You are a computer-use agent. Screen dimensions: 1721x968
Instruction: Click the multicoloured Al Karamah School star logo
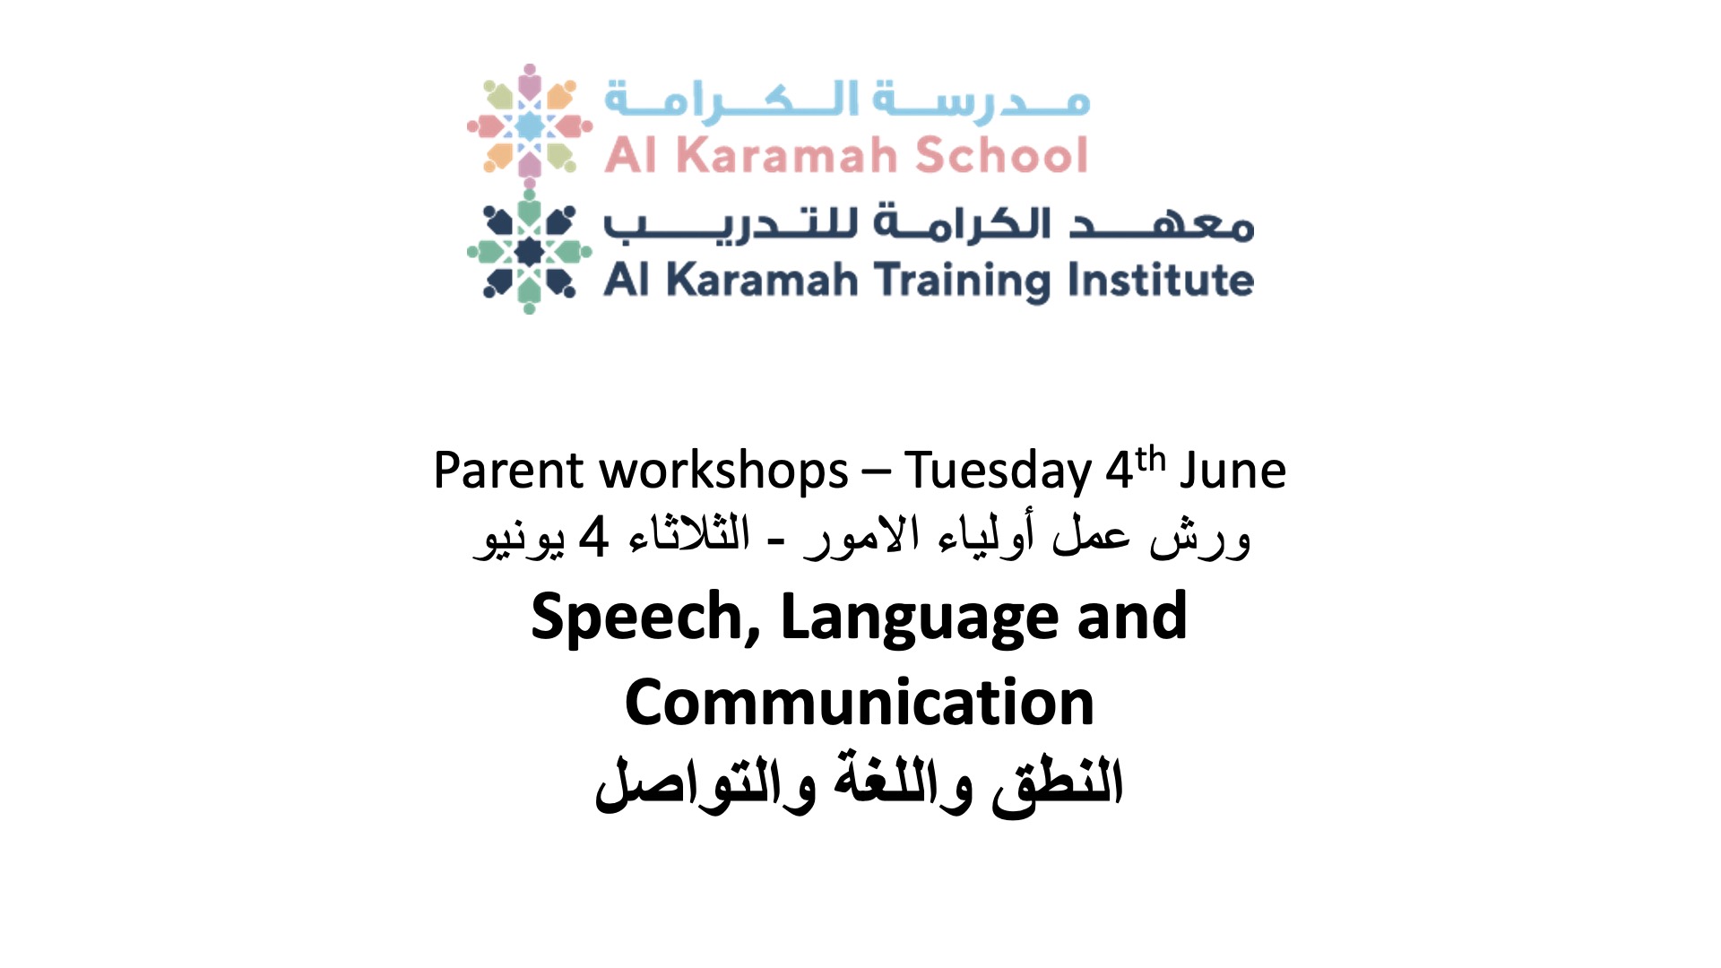pos(530,122)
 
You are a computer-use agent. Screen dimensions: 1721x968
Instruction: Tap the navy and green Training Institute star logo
pos(530,252)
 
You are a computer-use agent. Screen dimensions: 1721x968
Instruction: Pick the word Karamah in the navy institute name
pos(762,280)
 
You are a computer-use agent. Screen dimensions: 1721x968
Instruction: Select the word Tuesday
pos(998,471)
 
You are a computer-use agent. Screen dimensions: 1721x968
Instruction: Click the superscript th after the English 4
pos(1150,459)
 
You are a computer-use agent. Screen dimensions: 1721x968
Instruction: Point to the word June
pos(1233,471)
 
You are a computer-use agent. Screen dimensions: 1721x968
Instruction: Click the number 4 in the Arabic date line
pos(593,538)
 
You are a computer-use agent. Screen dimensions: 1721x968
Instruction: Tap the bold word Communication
pos(860,703)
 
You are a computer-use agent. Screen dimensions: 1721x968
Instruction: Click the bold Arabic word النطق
pos(1057,783)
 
